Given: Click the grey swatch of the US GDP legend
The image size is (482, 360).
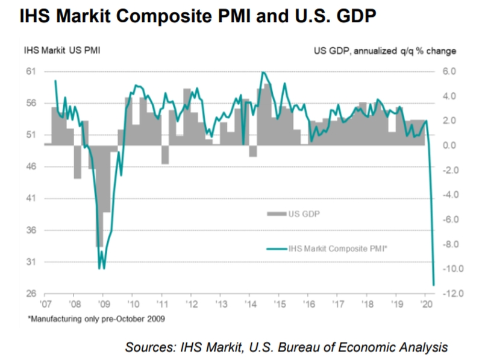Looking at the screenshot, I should (277, 213).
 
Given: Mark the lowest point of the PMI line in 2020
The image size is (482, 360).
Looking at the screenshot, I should (434, 285).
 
